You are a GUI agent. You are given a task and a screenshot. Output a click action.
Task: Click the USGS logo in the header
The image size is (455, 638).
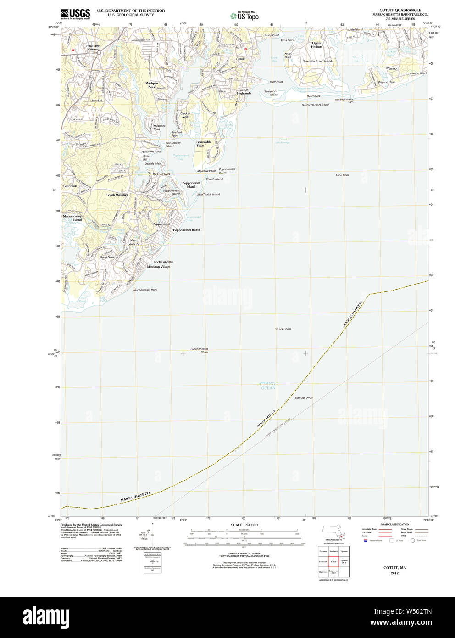pos(75,14)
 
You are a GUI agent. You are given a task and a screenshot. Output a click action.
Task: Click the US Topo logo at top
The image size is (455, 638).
pos(245,16)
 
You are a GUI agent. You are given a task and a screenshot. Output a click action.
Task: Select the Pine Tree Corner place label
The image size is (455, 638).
pos(93,47)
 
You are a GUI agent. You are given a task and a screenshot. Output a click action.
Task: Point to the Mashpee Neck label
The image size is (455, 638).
pos(151,85)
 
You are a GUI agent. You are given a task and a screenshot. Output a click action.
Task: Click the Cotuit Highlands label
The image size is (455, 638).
pos(244,91)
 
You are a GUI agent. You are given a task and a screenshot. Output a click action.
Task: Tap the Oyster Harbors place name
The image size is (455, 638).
pos(316,45)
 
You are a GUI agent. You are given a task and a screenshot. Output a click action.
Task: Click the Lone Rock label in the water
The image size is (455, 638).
pos(342,175)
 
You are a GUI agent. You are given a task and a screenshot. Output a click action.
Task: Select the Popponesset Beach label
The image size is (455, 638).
pos(186,230)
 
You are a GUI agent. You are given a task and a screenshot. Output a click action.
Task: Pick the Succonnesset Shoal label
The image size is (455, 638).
pos(200,351)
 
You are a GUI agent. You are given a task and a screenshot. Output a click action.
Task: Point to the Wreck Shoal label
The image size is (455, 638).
pos(283,329)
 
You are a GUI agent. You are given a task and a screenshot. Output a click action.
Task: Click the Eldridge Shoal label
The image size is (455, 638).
pos(304,398)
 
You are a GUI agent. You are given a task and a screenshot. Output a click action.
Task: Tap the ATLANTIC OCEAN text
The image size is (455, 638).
pos(268,386)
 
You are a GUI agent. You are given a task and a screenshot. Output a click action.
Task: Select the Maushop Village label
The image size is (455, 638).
pos(158,267)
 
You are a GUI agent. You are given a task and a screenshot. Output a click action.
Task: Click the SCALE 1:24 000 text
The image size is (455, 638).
pos(244,525)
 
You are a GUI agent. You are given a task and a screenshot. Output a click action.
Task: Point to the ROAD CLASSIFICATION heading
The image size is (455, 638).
pos(394,524)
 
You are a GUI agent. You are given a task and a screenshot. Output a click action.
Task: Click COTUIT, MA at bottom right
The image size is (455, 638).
pos(394,568)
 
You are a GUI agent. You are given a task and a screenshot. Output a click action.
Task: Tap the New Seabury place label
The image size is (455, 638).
pos(133,242)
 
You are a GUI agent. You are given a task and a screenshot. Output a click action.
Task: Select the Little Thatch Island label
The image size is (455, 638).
pos(208,194)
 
